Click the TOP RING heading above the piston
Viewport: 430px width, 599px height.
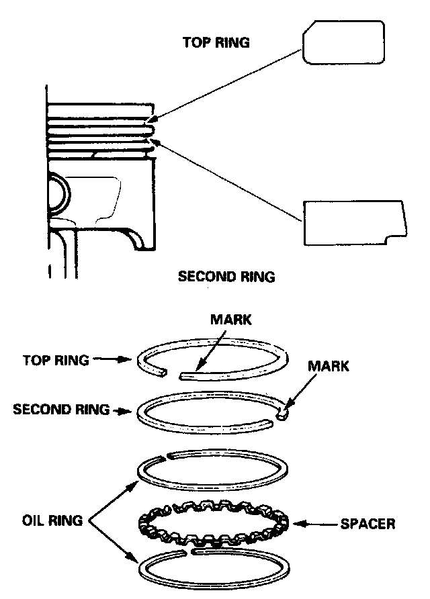[216, 42]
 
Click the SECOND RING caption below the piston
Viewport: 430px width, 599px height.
[226, 276]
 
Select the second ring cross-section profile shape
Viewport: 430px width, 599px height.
[353, 222]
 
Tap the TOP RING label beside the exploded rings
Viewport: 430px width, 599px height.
[56, 360]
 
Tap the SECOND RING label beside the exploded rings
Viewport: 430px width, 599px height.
[61, 409]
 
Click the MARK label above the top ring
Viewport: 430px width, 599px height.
[231, 320]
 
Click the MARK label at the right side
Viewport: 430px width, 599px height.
[329, 366]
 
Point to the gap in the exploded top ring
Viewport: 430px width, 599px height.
[173, 371]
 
